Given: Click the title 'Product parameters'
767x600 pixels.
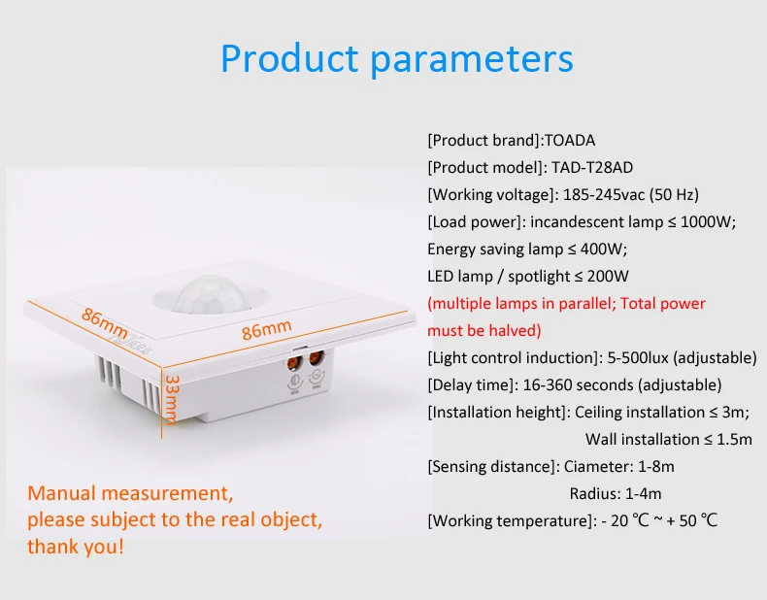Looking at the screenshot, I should coord(396,58).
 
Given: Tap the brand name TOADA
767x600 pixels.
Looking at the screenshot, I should coord(577,140).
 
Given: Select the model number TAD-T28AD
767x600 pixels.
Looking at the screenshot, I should coord(592,167).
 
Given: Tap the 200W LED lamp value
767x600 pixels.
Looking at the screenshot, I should coord(595,276).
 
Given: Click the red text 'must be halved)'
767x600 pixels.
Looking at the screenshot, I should coord(484,330).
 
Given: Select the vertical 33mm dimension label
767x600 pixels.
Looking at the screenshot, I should coord(171,398).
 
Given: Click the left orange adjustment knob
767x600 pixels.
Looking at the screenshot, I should coord(292,369).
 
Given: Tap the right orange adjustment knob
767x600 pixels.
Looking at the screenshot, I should coord(317,369).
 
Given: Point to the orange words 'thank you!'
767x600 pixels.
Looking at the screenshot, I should coord(76,547).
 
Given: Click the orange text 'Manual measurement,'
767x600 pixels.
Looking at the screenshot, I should coord(130,493).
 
